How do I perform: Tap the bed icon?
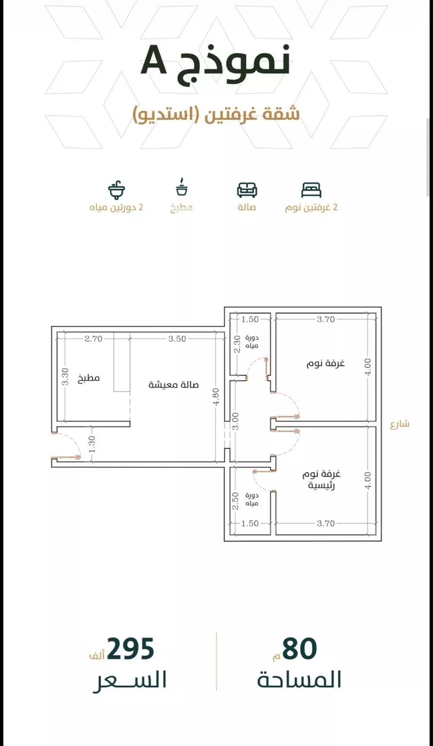pyautogui.click(x=311, y=190)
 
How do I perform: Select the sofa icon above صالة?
pyautogui.click(x=247, y=190)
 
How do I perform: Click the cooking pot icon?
pyautogui.click(x=182, y=187)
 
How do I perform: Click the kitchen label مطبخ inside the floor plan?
pyautogui.click(x=89, y=378)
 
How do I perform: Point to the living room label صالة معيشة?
pyautogui.click(x=173, y=385)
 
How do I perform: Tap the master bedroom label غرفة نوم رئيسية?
pyautogui.click(x=321, y=480)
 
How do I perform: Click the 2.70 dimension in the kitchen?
pyautogui.click(x=93, y=339)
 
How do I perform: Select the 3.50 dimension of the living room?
pyautogui.click(x=177, y=339)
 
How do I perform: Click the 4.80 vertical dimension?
pyautogui.click(x=216, y=396)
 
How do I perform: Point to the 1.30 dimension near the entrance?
pyautogui.click(x=92, y=444)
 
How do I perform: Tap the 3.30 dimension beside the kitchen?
pyautogui.click(x=65, y=376)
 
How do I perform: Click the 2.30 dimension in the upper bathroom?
pyautogui.click(x=237, y=344)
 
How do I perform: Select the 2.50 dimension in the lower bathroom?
pyautogui.click(x=236, y=501)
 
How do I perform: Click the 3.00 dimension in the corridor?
pyautogui.click(x=236, y=421)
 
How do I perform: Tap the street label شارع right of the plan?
pyautogui.click(x=400, y=425)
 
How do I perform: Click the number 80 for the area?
pyautogui.click(x=300, y=648)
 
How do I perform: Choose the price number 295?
pyautogui.click(x=130, y=648)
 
